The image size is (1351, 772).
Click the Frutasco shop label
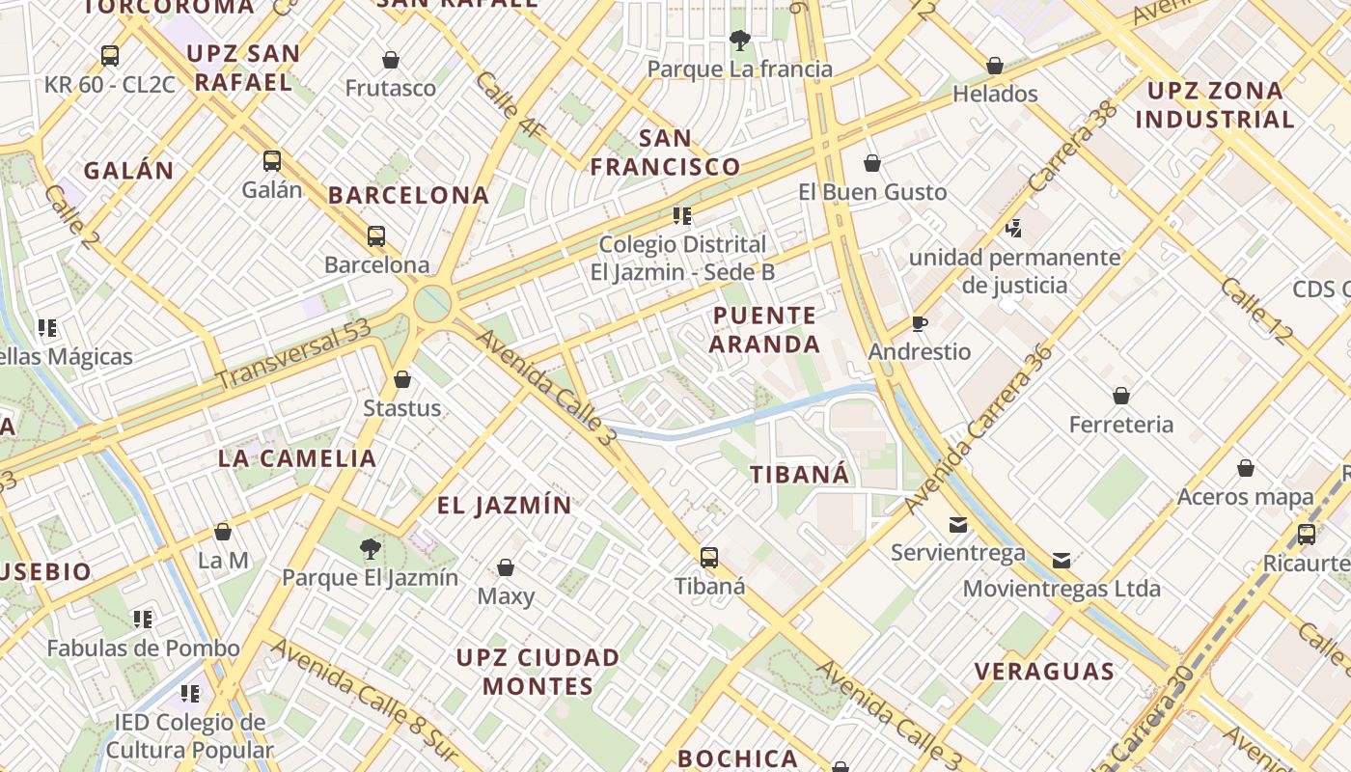pyautogui.click(x=391, y=89)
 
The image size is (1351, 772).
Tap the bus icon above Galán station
pyautogui.click(x=272, y=161)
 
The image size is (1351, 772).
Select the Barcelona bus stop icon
pyautogui.click(x=376, y=236)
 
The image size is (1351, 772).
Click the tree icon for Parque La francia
pyautogui.click(x=740, y=41)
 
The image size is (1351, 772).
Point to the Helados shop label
pyautogui.click(x=995, y=95)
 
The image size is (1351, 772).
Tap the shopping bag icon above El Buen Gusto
pyautogui.click(x=872, y=163)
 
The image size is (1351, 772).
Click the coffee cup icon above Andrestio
pyautogui.click(x=920, y=323)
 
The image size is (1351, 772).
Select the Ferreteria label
pyautogui.click(x=1121, y=425)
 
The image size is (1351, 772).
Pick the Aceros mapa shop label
pyautogui.click(x=1246, y=498)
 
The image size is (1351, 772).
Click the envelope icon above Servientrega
pyautogui.click(x=958, y=525)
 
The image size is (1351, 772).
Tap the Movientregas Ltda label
pyautogui.click(x=1061, y=589)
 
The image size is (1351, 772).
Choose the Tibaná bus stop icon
pyautogui.click(x=709, y=558)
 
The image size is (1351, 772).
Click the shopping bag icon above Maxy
pyautogui.click(x=506, y=567)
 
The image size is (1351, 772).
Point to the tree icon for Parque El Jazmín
pyautogui.click(x=370, y=550)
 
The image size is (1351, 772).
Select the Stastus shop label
pyautogui.click(x=402, y=408)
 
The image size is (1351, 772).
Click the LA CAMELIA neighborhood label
pyautogui.click(x=297, y=458)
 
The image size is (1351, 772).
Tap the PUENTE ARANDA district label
pyautogui.click(x=766, y=330)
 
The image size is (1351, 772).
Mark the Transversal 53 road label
pyautogui.click(x=294, y=355)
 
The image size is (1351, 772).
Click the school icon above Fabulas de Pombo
pyautogui.click(x=143, y=619)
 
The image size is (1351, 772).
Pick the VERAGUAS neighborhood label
pyautogui.click(x=1044, y=672)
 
